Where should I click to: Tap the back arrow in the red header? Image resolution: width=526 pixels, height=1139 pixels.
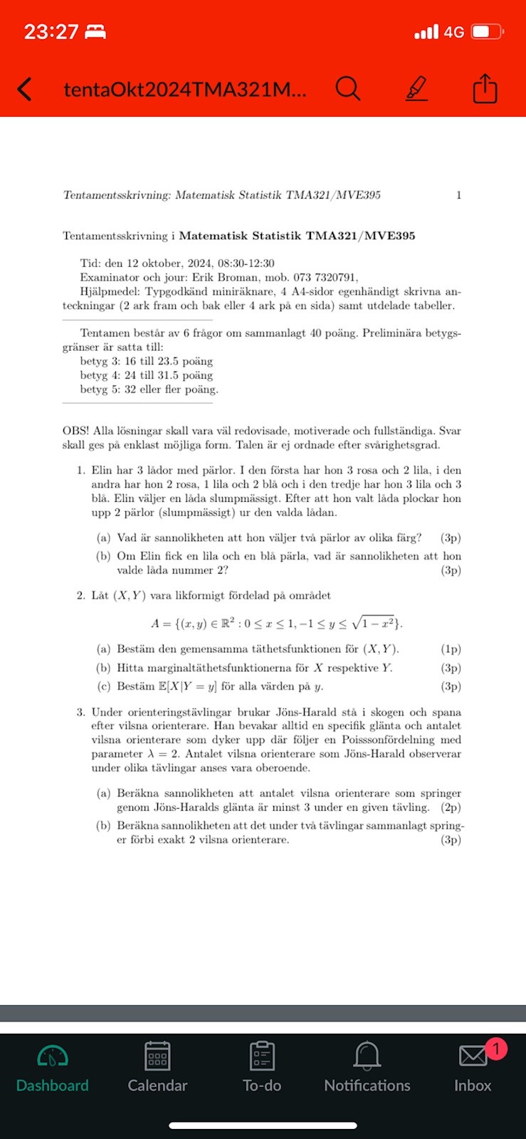pos(25,89)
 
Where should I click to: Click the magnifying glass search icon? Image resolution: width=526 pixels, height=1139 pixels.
pos(347,89)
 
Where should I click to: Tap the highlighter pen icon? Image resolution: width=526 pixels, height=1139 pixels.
pos(416,89)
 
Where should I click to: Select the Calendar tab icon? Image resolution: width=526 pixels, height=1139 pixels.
pos(157,1056)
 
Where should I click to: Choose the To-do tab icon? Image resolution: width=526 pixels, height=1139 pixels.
pos(262,1056)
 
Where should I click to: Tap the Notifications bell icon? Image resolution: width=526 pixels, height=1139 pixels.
pos(367,1056)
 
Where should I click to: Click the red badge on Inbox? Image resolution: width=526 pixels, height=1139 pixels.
pos(495,1049)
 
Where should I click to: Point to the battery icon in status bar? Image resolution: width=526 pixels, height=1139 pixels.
pos(488,32)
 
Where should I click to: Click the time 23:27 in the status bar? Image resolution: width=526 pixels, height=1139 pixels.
pos(51,32)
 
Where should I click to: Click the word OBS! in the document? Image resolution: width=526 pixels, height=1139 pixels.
pos(75,431)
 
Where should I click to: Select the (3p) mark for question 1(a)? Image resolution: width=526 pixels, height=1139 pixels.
pos(451,538)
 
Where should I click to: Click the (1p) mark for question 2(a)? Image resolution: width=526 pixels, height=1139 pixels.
pos(451,649)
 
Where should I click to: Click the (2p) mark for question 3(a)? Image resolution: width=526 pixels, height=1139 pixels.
pos(451,807)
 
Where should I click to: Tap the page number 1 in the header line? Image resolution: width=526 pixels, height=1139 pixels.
pos(458,195)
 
